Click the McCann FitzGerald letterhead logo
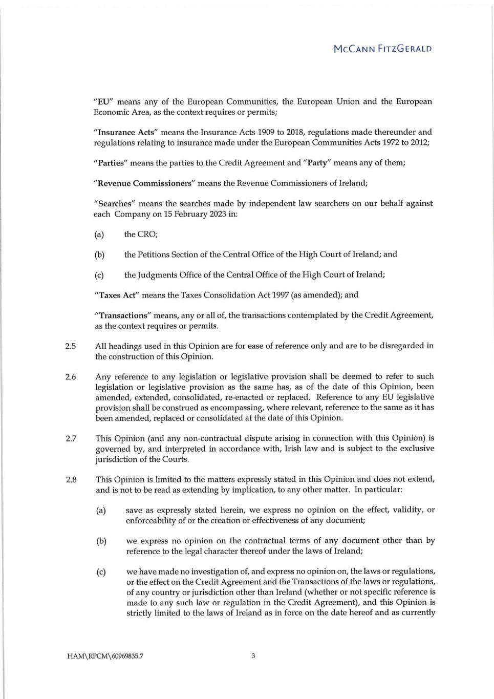pos(382,49)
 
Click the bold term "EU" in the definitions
pos(103,101)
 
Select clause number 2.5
pos(71,346)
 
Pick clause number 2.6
pos(71,377)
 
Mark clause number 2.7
pos(71,438)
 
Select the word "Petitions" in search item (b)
pos(154,255)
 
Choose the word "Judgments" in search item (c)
pos(157,275)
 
